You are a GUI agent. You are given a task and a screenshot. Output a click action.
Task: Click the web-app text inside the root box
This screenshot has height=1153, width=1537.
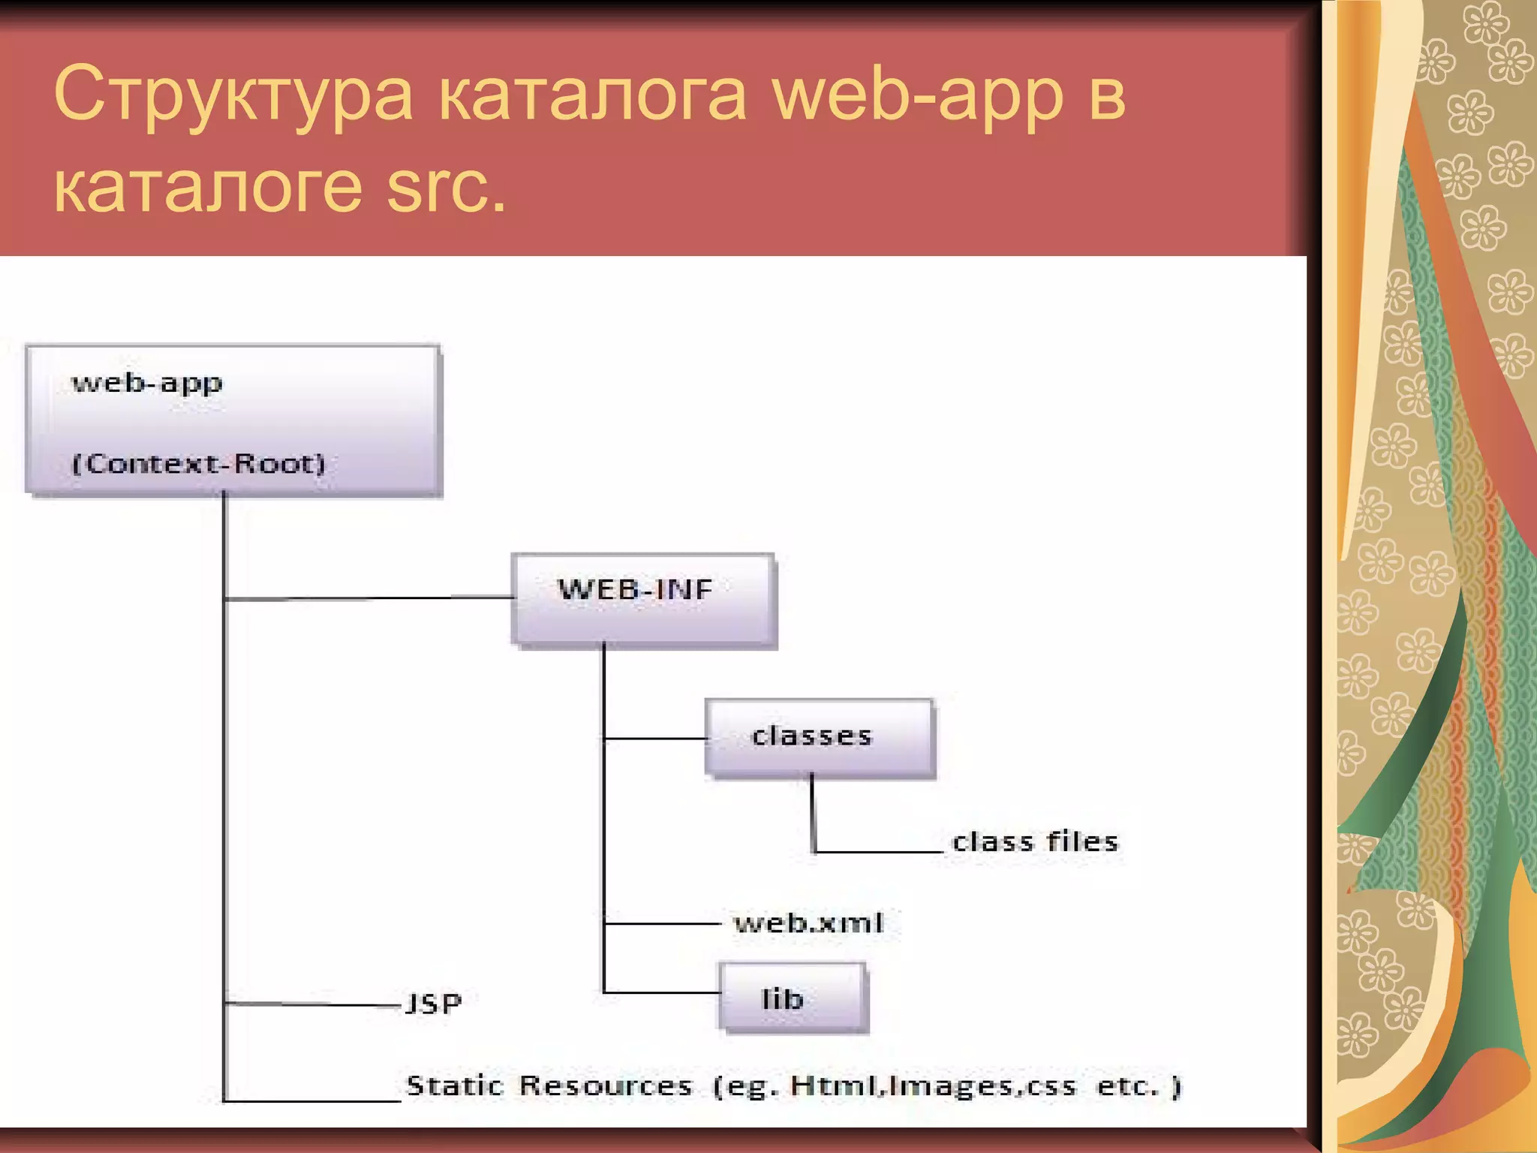[x=147, y=384]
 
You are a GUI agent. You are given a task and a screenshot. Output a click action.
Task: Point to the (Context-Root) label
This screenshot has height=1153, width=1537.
[x=199, y=463]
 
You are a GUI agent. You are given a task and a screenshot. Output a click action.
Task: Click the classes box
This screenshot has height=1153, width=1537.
[x=820, y=737]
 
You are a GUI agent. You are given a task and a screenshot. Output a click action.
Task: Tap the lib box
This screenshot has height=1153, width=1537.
[x=793, y=998]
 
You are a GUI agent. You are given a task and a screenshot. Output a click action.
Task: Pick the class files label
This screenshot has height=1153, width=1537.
[x=1035, y=841]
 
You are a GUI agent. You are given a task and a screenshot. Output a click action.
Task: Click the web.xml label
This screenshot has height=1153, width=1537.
[x=809, y=923]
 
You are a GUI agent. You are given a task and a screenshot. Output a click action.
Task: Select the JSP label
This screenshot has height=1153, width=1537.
[x=434, y=1004]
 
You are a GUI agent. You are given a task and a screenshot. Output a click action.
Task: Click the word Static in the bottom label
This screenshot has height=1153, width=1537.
[x=455, y=1085]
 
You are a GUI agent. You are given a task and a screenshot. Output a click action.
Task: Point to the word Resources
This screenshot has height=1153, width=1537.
[x=606, y=1085]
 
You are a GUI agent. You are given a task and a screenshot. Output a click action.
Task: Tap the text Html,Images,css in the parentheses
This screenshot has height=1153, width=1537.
[x=933, y=1085]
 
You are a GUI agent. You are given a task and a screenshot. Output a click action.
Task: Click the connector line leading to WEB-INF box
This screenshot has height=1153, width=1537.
[x=368, y=598]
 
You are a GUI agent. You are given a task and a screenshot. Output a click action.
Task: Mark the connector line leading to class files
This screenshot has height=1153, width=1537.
[x=878, y=852]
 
